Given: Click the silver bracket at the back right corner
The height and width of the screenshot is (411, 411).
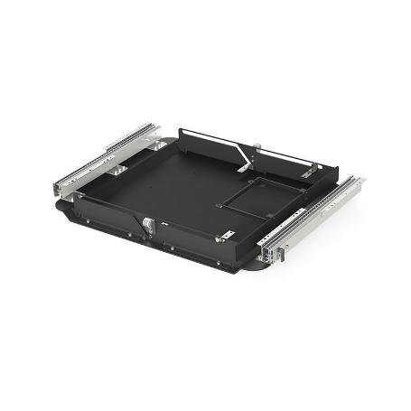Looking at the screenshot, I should pyautogui.click(x=309, y=170).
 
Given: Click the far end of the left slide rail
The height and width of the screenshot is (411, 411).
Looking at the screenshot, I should pyautogui.click(x=154, y=128).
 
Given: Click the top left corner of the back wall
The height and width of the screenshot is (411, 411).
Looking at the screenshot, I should pyautogui.click(x=180, y=132).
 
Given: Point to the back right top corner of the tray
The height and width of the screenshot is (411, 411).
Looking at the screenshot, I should pyautogui.click(x=335, y=168).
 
